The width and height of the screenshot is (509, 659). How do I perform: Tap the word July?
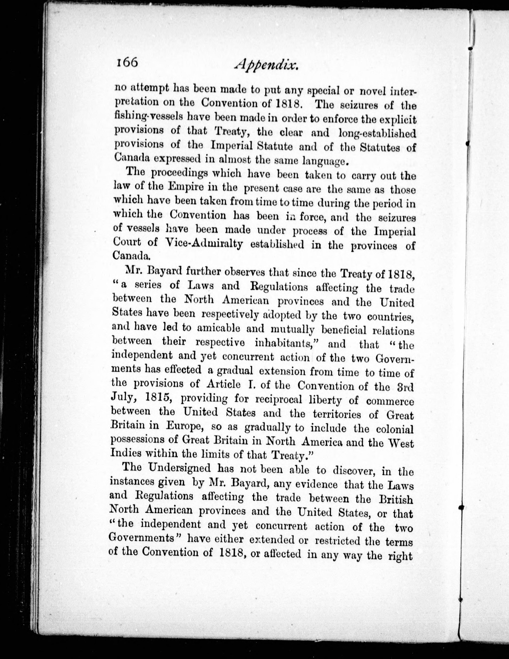(122, 398)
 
